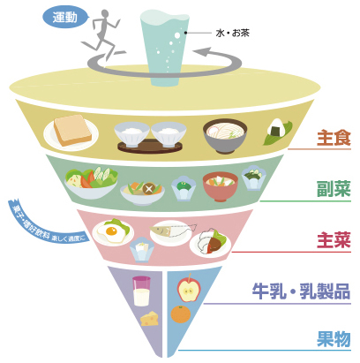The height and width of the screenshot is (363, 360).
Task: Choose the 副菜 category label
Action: pyautogui.click(x=334, y=188)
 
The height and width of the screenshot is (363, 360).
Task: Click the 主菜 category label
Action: pyautogui.click(x=334, y=239)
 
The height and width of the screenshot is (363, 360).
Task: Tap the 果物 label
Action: pyautogui.click(x=334, y=338)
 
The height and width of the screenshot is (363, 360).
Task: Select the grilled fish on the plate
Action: pyautogui.click(x=170, y=231)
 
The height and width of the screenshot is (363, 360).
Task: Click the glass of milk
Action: pyautogui.click(x=140, y=292)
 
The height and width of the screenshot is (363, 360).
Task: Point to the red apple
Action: pyautogui.click(x=189, y=289)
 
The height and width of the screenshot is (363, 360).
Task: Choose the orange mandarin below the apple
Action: pyautogui.click(x=181, y=314)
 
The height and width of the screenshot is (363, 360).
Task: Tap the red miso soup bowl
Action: pyautogui.click(x=217, y=186)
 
